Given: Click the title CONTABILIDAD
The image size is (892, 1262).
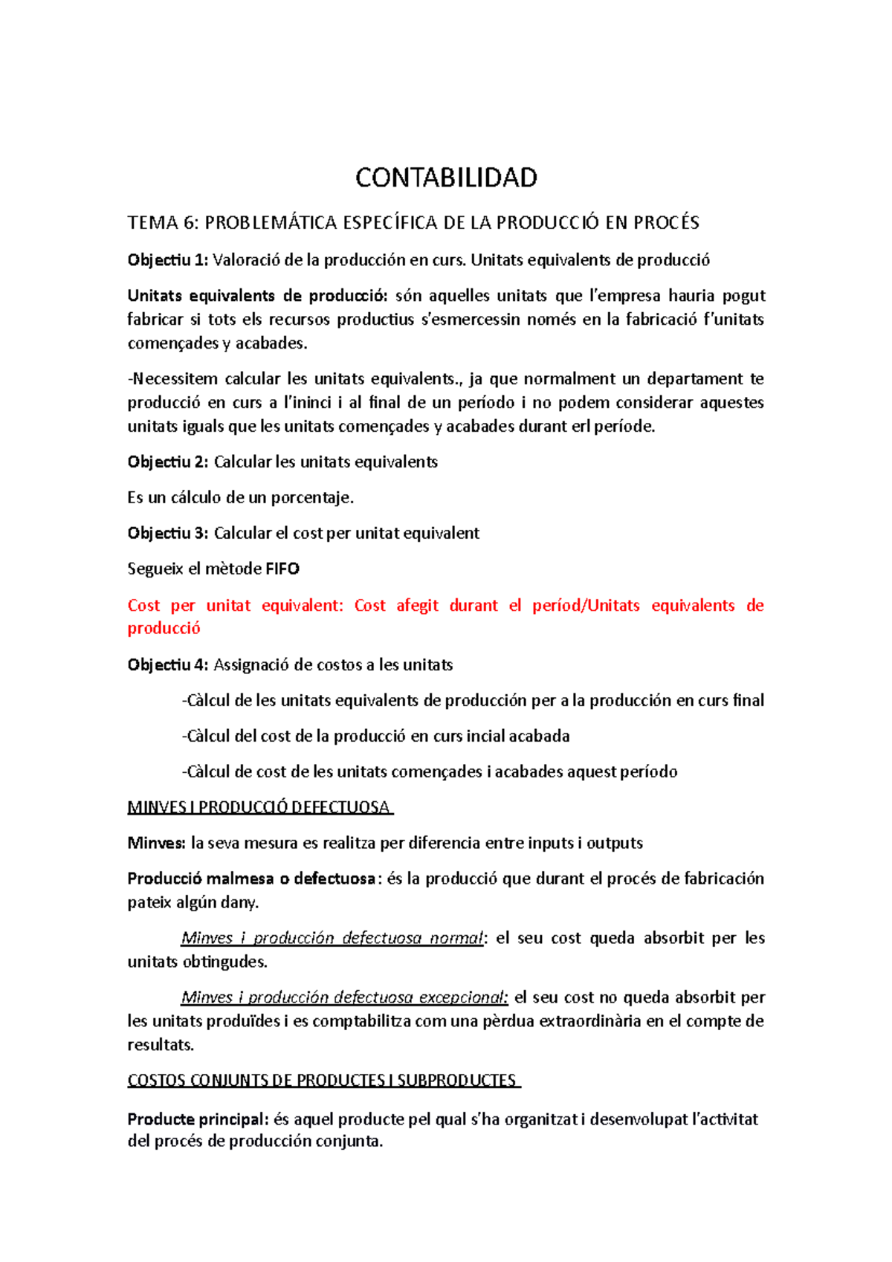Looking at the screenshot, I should pos(446,178).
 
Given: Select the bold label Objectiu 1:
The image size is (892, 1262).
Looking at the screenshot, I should pos(168,260).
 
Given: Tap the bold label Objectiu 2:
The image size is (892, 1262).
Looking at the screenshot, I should pos(168,462).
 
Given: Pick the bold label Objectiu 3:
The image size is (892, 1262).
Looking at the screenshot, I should pos(168,534).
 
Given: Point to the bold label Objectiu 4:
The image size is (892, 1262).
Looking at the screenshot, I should pos(168,665).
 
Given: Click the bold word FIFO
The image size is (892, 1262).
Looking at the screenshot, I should pos(282,569).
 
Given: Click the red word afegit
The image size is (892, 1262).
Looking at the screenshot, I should pos(417,606).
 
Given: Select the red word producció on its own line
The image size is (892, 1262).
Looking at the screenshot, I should pos(164,629).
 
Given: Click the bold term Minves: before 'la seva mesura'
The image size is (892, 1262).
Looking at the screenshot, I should pos(156,844).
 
